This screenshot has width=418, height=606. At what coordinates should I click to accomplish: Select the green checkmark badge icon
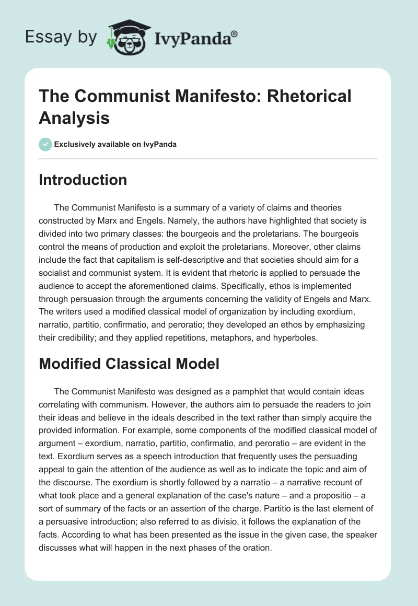click(45, 144)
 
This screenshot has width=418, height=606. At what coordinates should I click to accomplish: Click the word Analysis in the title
click(74, 118)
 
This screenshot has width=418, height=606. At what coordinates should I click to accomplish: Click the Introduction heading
click(83, 180)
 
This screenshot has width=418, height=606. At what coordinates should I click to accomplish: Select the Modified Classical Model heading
click(129, 364)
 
